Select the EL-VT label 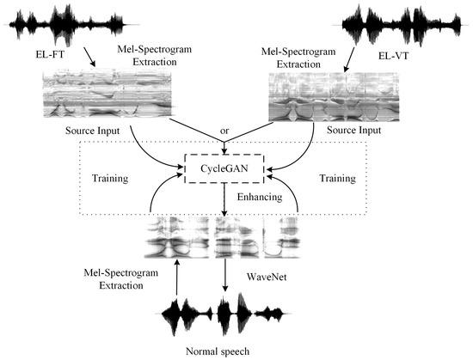(x=407, y=58)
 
